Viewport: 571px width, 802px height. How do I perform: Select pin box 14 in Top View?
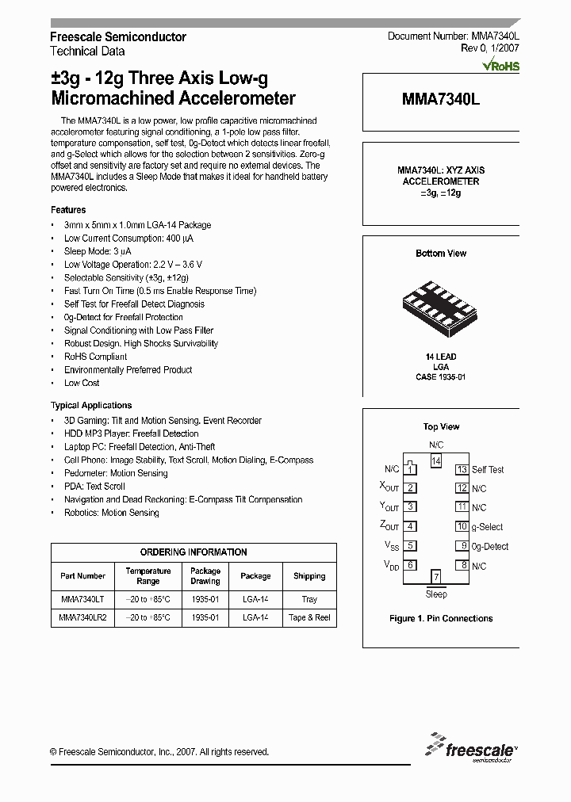[435, 460]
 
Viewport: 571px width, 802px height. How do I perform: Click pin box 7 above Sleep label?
[435, 577]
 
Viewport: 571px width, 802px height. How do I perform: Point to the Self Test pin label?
[488, 470]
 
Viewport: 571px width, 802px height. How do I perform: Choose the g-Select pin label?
[488, 527]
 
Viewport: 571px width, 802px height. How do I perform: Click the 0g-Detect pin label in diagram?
[490, 547]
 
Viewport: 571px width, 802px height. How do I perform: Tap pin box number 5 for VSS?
[410, 546]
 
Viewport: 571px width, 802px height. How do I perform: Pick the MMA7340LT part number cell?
[82, 600]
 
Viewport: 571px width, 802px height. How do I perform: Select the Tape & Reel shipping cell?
[309, 617]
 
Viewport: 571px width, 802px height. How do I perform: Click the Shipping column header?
[309, 576]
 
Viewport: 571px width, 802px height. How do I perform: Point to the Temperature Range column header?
[148, 576]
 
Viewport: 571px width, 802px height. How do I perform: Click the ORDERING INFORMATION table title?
[194, 552]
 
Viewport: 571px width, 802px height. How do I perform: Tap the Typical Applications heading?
[91, 406]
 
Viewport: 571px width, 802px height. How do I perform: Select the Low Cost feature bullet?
[82, 384]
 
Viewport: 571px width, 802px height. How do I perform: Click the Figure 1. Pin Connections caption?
[441, 619]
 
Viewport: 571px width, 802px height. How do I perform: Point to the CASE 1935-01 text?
[441, 377]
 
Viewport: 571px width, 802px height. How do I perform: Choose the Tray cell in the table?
[309, 600]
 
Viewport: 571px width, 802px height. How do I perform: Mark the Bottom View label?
[441, 254]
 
